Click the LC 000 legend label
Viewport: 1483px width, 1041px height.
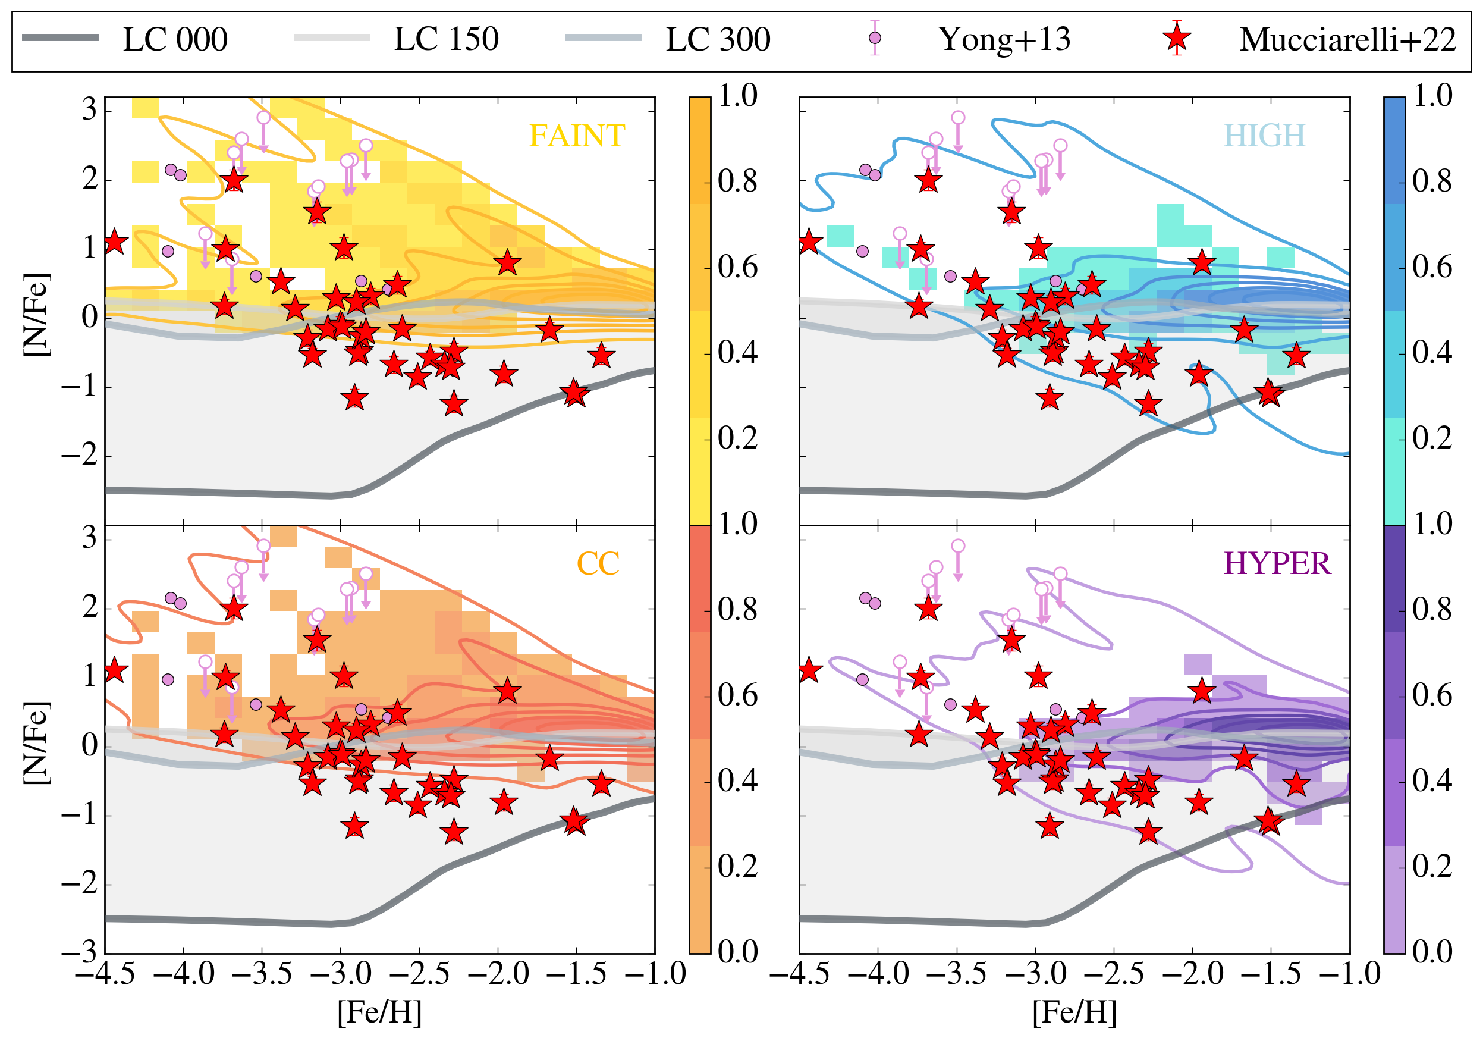175,40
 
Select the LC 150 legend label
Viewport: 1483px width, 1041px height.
447,40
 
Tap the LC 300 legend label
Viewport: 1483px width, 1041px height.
718,40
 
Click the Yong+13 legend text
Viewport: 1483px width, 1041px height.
1004,40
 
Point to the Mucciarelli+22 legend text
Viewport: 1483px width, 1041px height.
1348,40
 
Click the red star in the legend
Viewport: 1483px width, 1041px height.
1177,39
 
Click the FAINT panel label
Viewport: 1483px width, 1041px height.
577,136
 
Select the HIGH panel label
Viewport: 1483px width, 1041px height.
1264,136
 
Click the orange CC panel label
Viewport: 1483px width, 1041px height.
598,564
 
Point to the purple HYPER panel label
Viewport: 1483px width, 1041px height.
1277,564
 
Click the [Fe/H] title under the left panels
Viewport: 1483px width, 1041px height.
379,1012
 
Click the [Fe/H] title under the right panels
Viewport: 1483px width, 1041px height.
1074,1012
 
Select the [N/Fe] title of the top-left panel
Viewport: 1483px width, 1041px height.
36,314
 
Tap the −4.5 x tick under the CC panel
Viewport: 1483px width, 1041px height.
105,974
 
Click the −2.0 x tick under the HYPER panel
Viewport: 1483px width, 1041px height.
1192,974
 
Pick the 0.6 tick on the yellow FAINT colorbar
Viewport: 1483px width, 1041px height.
737,267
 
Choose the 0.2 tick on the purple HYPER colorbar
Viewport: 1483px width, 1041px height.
1432,867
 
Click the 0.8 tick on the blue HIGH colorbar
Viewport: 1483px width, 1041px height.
1432,181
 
